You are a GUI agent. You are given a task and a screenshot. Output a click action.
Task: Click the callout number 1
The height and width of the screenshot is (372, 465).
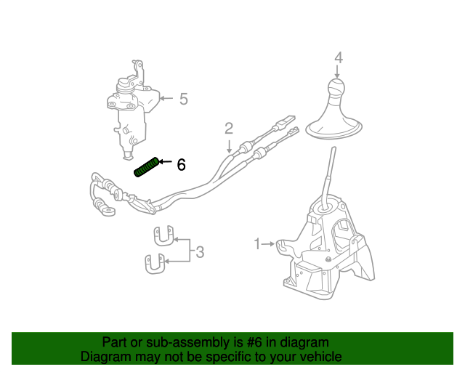(x=256, y=243)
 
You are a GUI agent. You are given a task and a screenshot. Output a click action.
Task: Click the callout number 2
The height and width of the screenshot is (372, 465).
(x=229, y=129)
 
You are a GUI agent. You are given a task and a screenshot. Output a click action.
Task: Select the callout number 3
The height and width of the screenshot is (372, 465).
(x=200, y=253)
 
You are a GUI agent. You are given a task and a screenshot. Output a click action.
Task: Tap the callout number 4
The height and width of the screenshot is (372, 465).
(x=339, y=57)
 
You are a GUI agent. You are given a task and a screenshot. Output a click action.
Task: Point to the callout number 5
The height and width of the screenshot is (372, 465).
(x=183, y=98)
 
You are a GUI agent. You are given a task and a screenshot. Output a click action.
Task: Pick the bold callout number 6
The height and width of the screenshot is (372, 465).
(x=181, y=165)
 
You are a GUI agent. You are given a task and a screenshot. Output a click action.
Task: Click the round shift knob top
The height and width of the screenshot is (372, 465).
(x=336, y=90)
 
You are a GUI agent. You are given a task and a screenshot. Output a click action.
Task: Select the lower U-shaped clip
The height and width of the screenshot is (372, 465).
(x=154, y=263)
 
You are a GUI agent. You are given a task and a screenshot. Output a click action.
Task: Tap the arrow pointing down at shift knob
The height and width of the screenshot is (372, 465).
(x=337, y=72)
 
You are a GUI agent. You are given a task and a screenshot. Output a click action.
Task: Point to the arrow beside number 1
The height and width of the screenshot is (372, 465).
(x=268, y=243)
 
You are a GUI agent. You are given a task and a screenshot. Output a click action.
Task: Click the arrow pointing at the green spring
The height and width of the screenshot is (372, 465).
(x=166, y=162)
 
